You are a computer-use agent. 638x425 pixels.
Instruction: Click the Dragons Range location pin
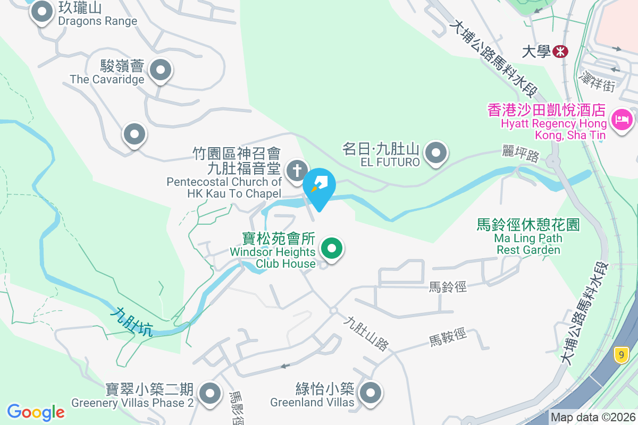tap(41, 11)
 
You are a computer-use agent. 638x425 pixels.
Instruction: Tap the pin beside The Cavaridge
tap(159, 70)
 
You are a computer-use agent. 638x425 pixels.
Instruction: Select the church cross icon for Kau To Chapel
tap(296, 171)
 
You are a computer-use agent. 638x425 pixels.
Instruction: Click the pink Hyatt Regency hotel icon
tap(622, 119)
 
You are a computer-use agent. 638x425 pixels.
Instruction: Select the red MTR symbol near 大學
tap(560, 52)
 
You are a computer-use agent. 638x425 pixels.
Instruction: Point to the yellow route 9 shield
tap(621, 354)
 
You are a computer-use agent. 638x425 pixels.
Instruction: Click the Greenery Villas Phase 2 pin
tap(210, 394)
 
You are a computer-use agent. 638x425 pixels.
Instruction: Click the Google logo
tap(36, 412)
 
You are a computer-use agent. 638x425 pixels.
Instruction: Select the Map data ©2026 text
tap(592, 418)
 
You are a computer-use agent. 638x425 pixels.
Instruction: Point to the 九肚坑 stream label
tap(131, 322)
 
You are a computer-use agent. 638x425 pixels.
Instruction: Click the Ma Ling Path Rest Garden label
tap(528, 237)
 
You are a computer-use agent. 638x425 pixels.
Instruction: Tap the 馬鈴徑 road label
tap(448, 287)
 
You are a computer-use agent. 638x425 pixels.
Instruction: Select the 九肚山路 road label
tap(366, 334)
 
